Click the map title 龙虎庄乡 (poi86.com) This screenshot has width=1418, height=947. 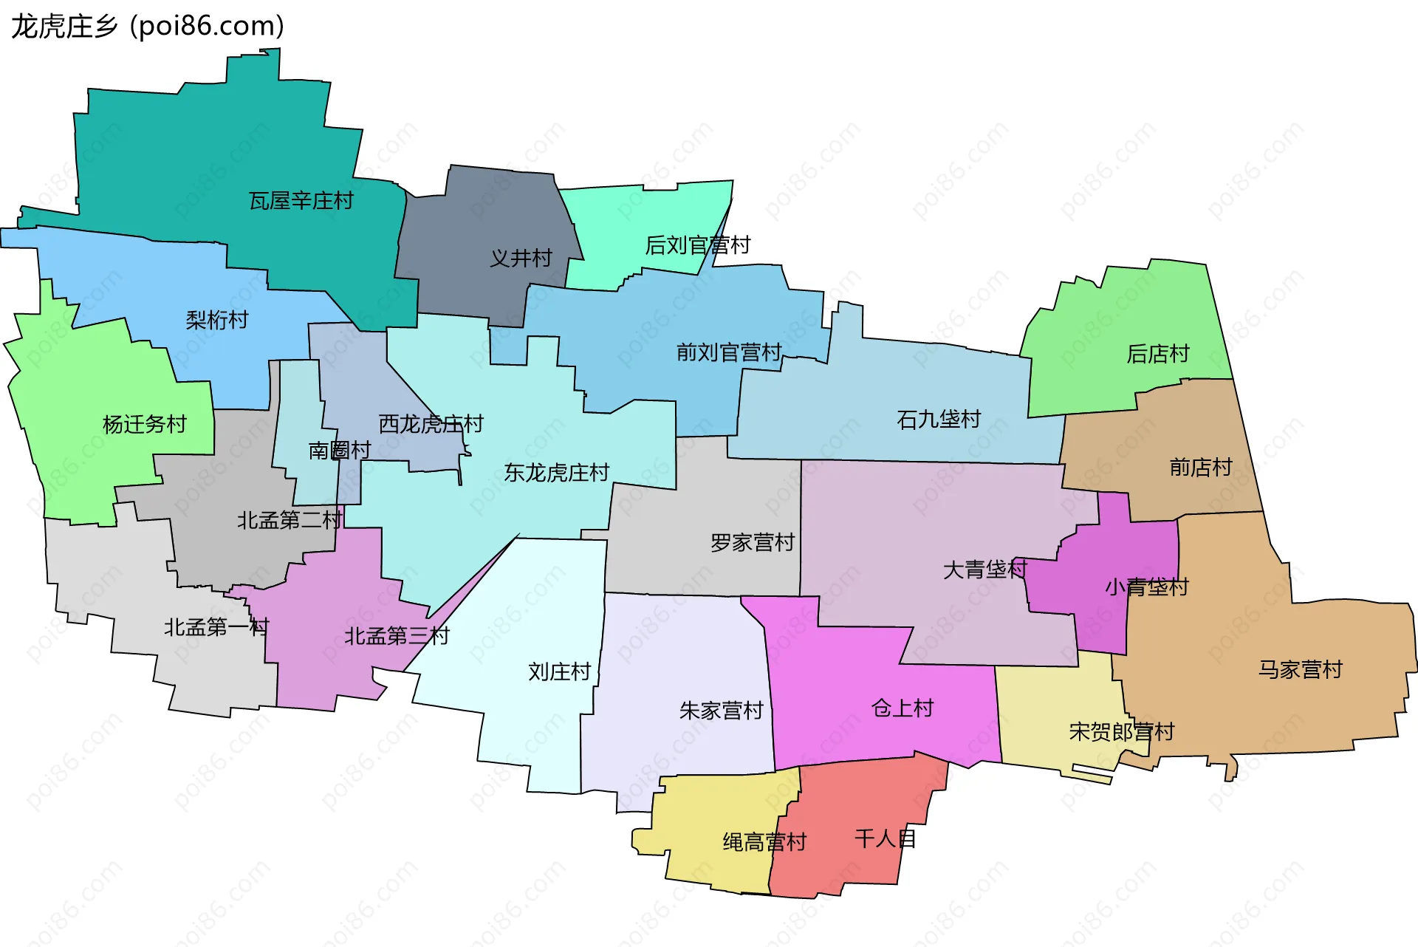click(148, 27)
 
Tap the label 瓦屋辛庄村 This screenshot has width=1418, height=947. click(301, 201)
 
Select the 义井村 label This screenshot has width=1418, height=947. click(521, 259)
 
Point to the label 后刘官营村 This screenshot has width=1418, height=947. click(697, 245)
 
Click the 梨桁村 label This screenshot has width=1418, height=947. click(217, 321)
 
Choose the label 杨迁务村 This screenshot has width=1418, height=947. click(145, 425)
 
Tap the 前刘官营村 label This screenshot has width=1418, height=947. click(729, 352)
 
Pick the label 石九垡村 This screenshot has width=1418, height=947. click(939, 420)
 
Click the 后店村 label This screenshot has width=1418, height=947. click(1158, 355)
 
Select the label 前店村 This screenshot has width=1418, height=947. click(1201, 468)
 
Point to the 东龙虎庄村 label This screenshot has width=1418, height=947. click(556, 473)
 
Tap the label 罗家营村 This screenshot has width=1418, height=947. click(752, 543)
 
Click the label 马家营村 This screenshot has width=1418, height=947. click(1300, 670)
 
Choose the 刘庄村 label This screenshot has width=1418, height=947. click(559, 672)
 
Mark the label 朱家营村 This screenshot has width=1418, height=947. click(721, 711)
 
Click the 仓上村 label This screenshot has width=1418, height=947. click(902, 708)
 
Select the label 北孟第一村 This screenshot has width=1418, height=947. click(216, 628)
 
